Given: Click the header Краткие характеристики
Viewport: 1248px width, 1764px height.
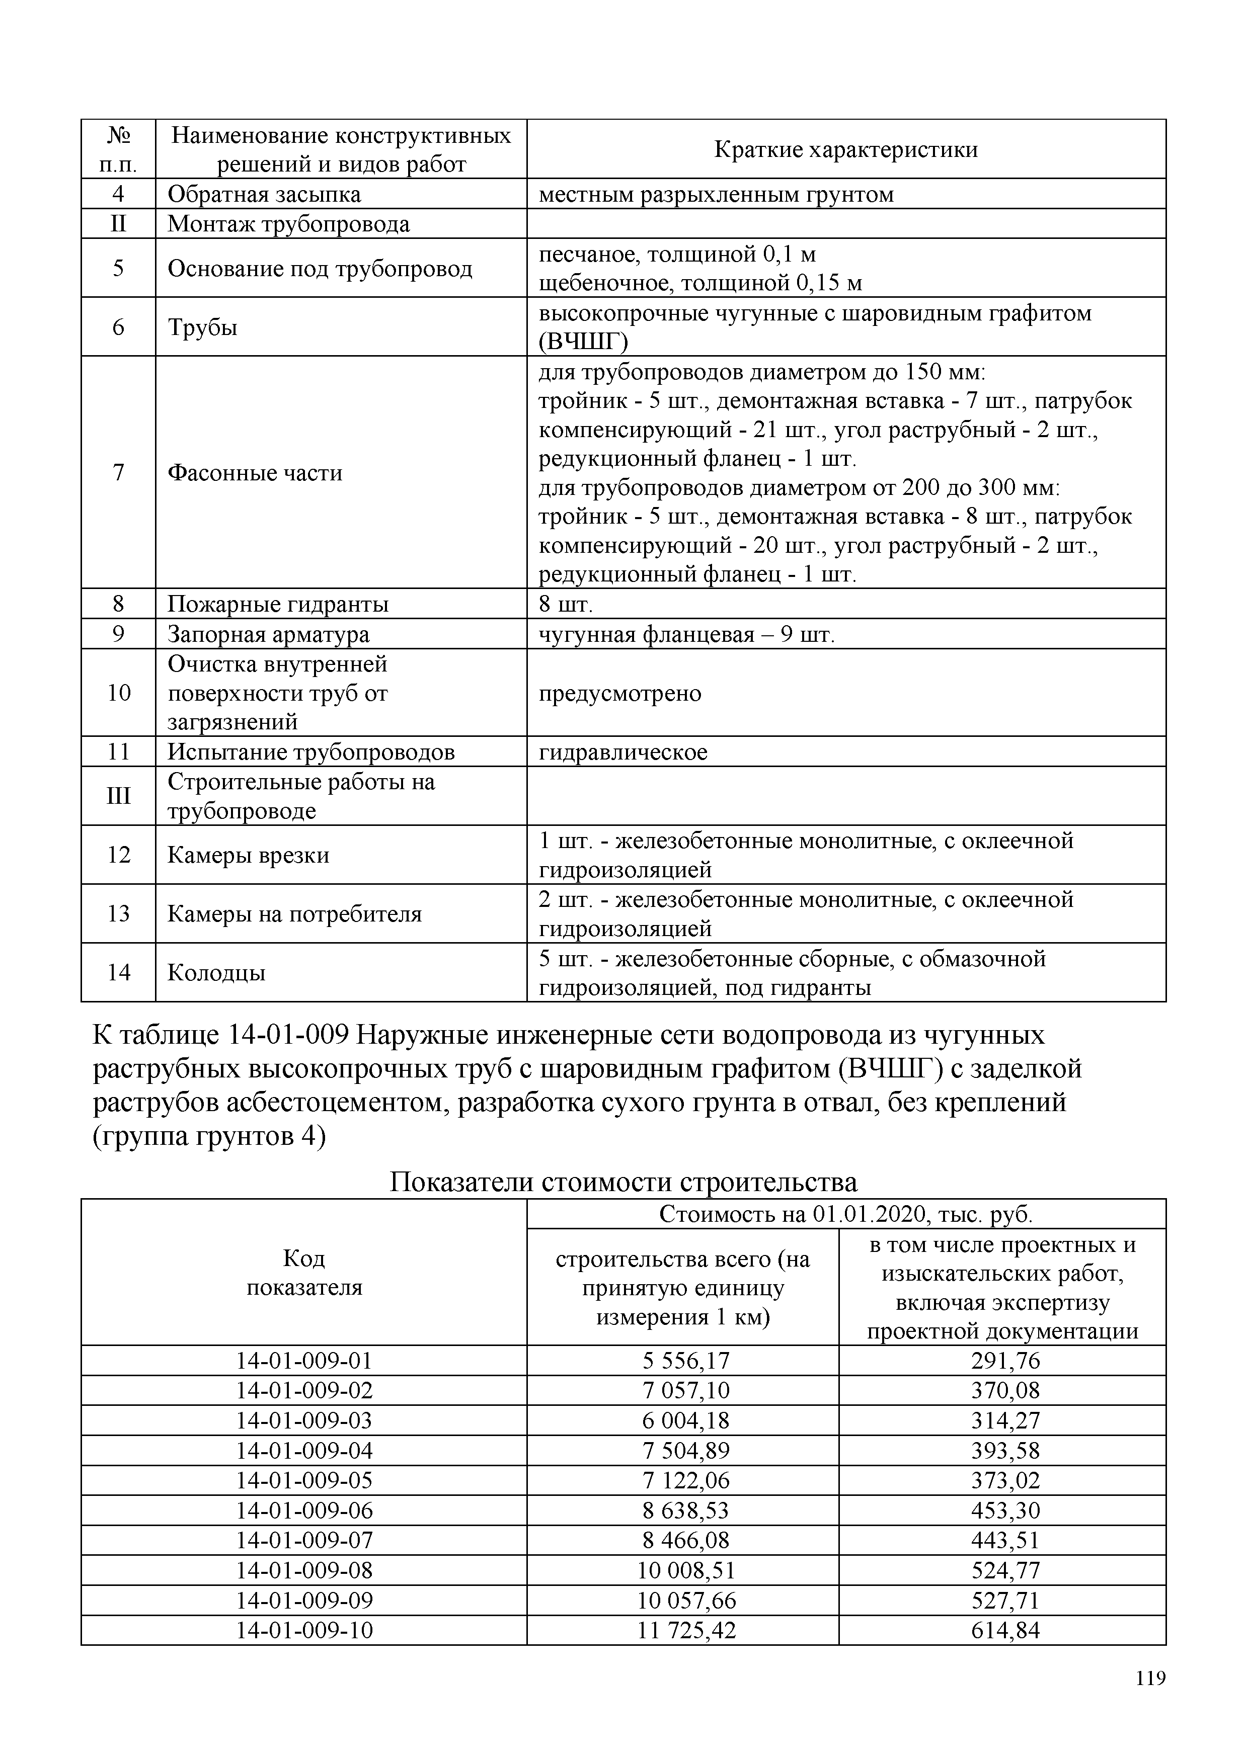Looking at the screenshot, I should tap(846, 149).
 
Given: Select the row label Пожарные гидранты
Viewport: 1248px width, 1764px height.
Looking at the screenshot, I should tap(278, 604).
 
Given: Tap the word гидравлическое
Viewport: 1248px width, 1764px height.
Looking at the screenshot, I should tap(622, 751).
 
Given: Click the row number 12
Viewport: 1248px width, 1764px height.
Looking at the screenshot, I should tap(118, 855).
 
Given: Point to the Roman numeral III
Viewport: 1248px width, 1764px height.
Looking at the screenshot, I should tap(118, 796).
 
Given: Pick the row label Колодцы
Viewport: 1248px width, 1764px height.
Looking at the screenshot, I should tap(217, 973).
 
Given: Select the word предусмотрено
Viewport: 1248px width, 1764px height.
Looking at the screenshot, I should tap(619, 693).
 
